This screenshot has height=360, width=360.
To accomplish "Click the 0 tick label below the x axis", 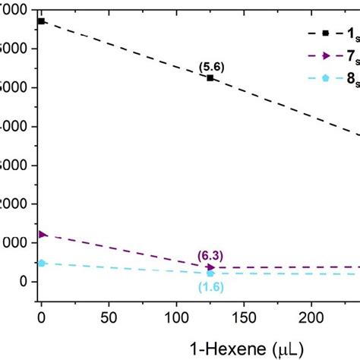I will [x=42, y=315].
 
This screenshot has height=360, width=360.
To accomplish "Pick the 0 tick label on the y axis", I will [x=23, y=282].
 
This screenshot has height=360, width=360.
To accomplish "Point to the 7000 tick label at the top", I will [x=14, y=10].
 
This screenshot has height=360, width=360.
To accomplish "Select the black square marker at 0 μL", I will [x=42, y=21].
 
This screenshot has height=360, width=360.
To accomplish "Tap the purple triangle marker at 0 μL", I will [x=43, y=234].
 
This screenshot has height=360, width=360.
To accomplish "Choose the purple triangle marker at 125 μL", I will [x=210, y=267].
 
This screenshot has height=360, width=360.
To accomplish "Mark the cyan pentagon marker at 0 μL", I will [x=42, y=263].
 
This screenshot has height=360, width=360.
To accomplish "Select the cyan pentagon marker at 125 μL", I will [x=210, y=273].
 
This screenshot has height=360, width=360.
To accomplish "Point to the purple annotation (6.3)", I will [x=210, y=256].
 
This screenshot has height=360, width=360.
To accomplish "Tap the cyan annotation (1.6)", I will [x=210, y=286].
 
